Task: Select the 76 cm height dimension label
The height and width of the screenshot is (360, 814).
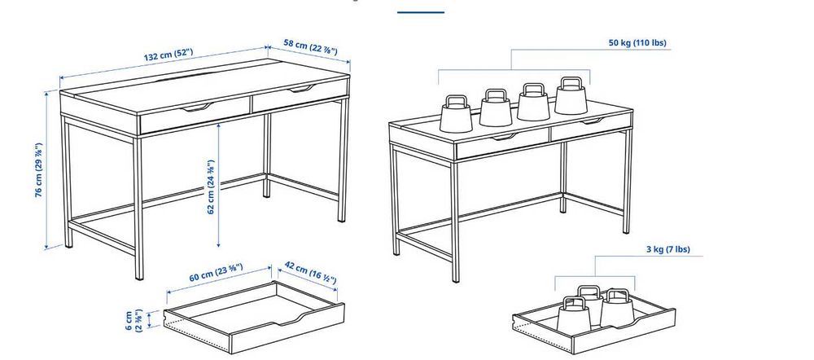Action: pyautogui.click(x=38, y=172)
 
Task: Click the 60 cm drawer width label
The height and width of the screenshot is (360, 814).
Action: pyautogui.click(x=217, y=275)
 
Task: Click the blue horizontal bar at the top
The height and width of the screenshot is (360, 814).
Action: pyautogui.click(x=421, y=12)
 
